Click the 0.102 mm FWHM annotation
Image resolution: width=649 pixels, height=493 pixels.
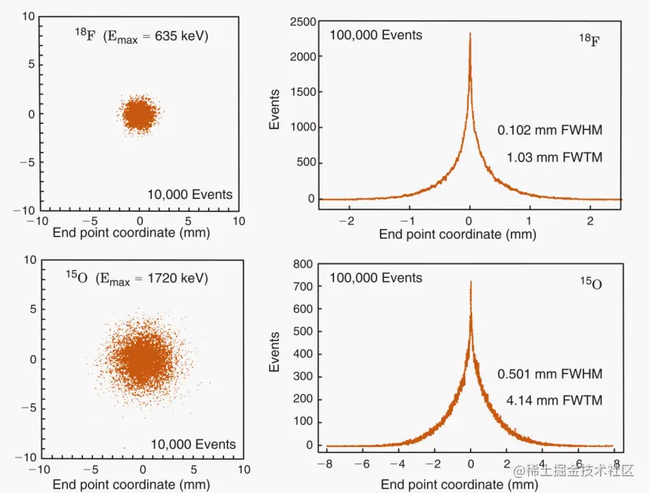(549, 130)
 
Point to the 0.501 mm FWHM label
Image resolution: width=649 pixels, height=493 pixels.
(549, 374)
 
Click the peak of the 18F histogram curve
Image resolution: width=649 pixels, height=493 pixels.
(470, 35)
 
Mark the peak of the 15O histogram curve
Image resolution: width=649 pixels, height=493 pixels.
(471, 282)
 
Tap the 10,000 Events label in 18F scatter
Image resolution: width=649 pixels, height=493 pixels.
(190, 194)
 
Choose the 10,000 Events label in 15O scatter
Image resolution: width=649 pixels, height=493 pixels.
(193, 444)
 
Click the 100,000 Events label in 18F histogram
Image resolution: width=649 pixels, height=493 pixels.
(375, 35)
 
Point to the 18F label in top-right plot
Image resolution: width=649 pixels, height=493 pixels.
(590, 38)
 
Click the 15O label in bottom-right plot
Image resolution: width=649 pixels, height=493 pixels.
(591, 284)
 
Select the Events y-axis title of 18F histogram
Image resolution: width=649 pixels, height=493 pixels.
(276, 110)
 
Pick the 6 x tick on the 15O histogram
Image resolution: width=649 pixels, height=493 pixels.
(579, 463)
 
